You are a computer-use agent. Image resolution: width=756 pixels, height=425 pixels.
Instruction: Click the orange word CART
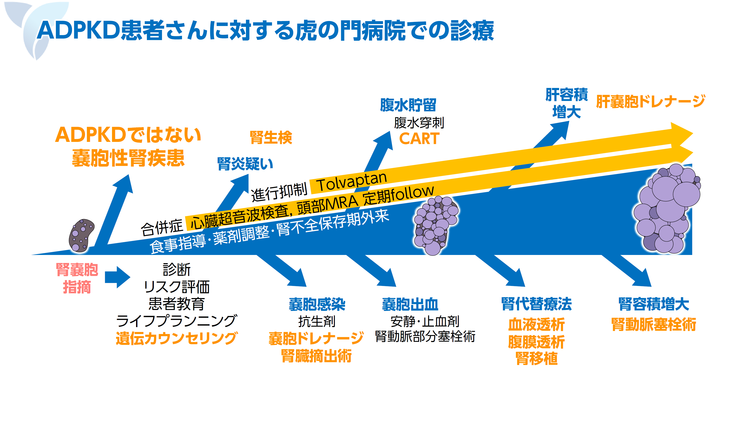tap(419, 138)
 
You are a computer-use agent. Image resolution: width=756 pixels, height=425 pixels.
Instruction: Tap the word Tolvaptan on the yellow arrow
tap(352, 182)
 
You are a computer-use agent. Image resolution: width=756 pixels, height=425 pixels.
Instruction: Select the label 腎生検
tap(271, 137)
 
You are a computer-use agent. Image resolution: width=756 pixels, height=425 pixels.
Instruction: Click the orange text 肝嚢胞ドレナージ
tap(650, 101)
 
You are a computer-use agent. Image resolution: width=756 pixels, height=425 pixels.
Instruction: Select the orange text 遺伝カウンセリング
tap(176, 338)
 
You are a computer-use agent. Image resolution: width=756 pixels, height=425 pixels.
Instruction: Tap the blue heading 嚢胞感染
tap(317, 304)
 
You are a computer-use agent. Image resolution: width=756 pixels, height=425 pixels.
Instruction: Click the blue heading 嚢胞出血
tap(410, 304)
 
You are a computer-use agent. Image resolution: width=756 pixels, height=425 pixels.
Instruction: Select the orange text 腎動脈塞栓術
tap(654, 324)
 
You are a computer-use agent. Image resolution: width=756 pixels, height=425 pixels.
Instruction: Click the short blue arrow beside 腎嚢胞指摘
tap(117, 277)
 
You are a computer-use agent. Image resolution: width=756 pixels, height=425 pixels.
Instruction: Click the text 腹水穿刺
tap(419, 123)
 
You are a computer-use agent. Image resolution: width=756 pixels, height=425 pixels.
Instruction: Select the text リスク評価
tap(177, 287)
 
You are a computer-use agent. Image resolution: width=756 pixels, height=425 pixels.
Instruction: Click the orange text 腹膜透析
tap(537, 342)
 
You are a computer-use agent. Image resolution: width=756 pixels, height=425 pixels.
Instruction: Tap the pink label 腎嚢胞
tap(77, 269)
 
